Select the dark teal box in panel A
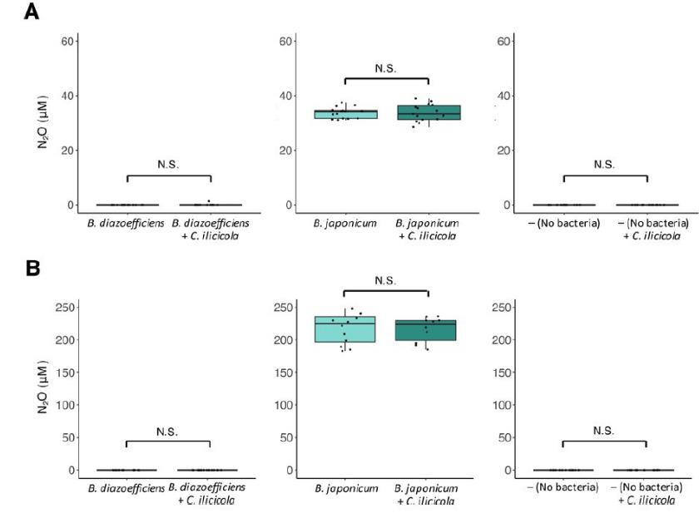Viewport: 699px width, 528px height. pyautogui.click(x=428, y=112)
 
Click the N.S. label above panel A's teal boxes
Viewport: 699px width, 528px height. pyautogui.click(x=386, y=69)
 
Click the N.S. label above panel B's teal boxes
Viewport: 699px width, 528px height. pyautogui.click(x=386, y=280)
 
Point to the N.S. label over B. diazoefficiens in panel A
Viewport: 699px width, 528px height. pyautogui.click(x=169, y=165)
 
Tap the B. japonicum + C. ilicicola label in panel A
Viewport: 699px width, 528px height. pyautogui.click(x=428, y=229)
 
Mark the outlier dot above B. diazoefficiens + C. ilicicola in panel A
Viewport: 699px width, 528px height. pyautogui.click(x=209, y=201)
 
